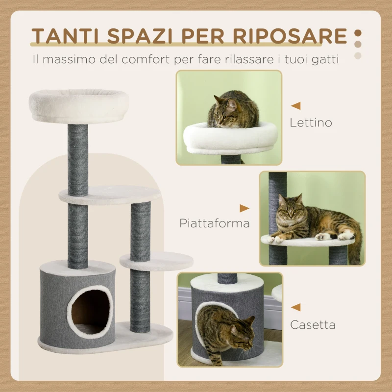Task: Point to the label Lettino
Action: (x=311, y=122)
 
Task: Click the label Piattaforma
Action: (x=215, y=223)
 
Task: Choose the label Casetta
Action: (x=313, y=324)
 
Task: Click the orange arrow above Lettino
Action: (x=296, y=105)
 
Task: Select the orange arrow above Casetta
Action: (x=295, y=308)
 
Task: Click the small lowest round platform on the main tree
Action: (x=156, y=260)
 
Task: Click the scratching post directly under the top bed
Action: (x=78, y=159)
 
